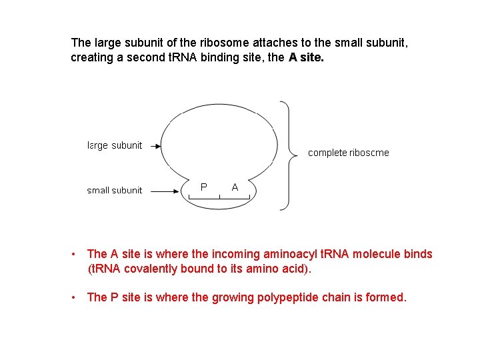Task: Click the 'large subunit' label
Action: coord(115,145)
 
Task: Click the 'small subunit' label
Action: coord(115,191)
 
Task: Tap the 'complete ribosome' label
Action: coord(348,153)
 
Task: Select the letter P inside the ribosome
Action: coord(203,187)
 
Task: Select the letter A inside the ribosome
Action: coord(235,187)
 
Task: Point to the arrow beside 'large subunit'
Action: coord(154,145)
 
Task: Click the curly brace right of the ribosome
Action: coord(288,154)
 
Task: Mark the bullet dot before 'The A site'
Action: coord(75,254)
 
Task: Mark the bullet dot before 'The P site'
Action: coord(75,297)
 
